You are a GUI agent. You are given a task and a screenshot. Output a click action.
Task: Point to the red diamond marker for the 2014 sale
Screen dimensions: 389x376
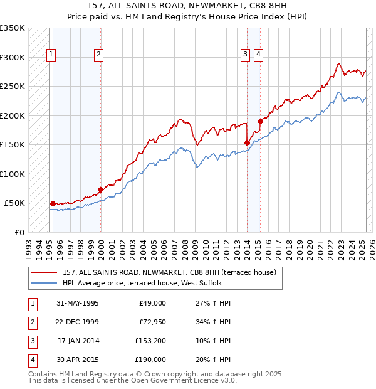[x=247, y=142]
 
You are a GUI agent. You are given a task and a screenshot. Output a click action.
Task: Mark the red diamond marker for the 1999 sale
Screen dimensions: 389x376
[x=100, y=189]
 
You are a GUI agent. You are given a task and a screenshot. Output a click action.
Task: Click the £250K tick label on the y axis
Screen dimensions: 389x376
[x=13, y=87]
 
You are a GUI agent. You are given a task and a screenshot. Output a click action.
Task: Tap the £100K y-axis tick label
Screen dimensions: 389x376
[x=13, y=174]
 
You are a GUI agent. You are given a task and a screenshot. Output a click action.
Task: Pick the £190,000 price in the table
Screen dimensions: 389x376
[x=150, y=360]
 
